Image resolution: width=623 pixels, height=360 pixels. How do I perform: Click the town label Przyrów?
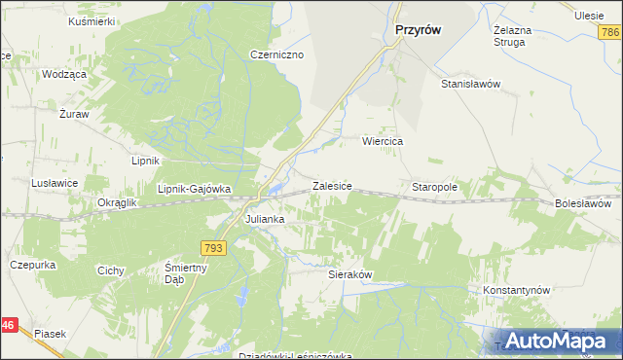(x=418, y=30)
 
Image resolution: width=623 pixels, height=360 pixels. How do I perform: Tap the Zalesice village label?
(x=331, y=185)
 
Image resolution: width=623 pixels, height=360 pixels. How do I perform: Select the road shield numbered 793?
(x=216, y=249)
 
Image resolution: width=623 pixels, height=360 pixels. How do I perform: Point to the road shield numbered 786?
(x=610, y=33)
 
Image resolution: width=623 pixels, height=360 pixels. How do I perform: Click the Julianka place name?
(x=264, y=219)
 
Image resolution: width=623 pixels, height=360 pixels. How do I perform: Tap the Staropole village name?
(x=435, y=186)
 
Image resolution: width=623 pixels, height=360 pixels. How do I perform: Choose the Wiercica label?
(x=383, y=141)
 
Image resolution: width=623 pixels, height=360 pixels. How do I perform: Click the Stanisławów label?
(x=470, y=84)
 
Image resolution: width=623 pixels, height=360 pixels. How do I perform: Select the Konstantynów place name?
(x=517, y=291)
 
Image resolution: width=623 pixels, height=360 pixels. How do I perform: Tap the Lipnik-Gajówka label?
(x=194, y=189)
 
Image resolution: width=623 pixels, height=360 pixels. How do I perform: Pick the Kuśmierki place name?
(x=92, y=20)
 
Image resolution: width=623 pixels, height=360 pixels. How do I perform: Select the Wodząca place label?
(x=64, y=74)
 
